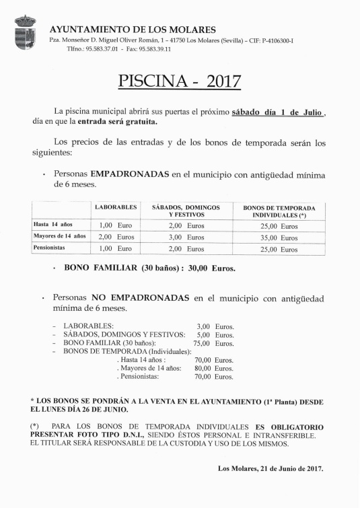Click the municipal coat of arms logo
point(26,32)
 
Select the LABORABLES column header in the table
point(116,207)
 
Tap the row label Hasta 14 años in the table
point(53,224)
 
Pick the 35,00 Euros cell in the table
point(279,238)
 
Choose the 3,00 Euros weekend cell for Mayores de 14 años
point(186,237)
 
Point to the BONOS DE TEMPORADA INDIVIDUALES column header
point(279,211)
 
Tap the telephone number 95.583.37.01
point(102,49)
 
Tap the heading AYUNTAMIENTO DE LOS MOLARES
point(133,30)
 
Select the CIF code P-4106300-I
point(276,40)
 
